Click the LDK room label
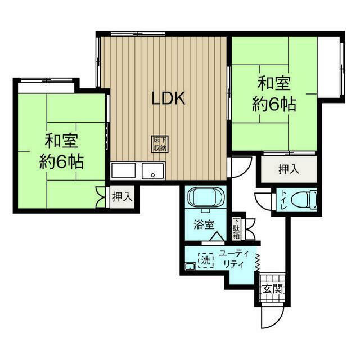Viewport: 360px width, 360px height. coord(169,99)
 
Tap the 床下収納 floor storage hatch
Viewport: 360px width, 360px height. coord(160,144)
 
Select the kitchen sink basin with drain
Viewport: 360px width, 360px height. coord(152,171)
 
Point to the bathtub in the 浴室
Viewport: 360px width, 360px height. coord(205,197)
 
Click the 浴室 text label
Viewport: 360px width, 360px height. coord(204,224)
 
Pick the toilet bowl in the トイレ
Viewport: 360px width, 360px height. coord(304,199)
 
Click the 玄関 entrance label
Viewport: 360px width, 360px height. coord(272,289)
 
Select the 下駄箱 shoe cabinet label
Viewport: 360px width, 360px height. coord(236,229)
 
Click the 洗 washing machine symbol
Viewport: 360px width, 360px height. coord(206,260)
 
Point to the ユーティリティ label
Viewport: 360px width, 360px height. coord(234,259)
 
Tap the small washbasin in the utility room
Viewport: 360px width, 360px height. coord(190,266)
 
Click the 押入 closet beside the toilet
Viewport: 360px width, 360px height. coord(289,169)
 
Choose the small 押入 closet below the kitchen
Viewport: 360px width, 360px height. coord(122,197)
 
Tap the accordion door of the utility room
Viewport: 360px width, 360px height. coord(258,262)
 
